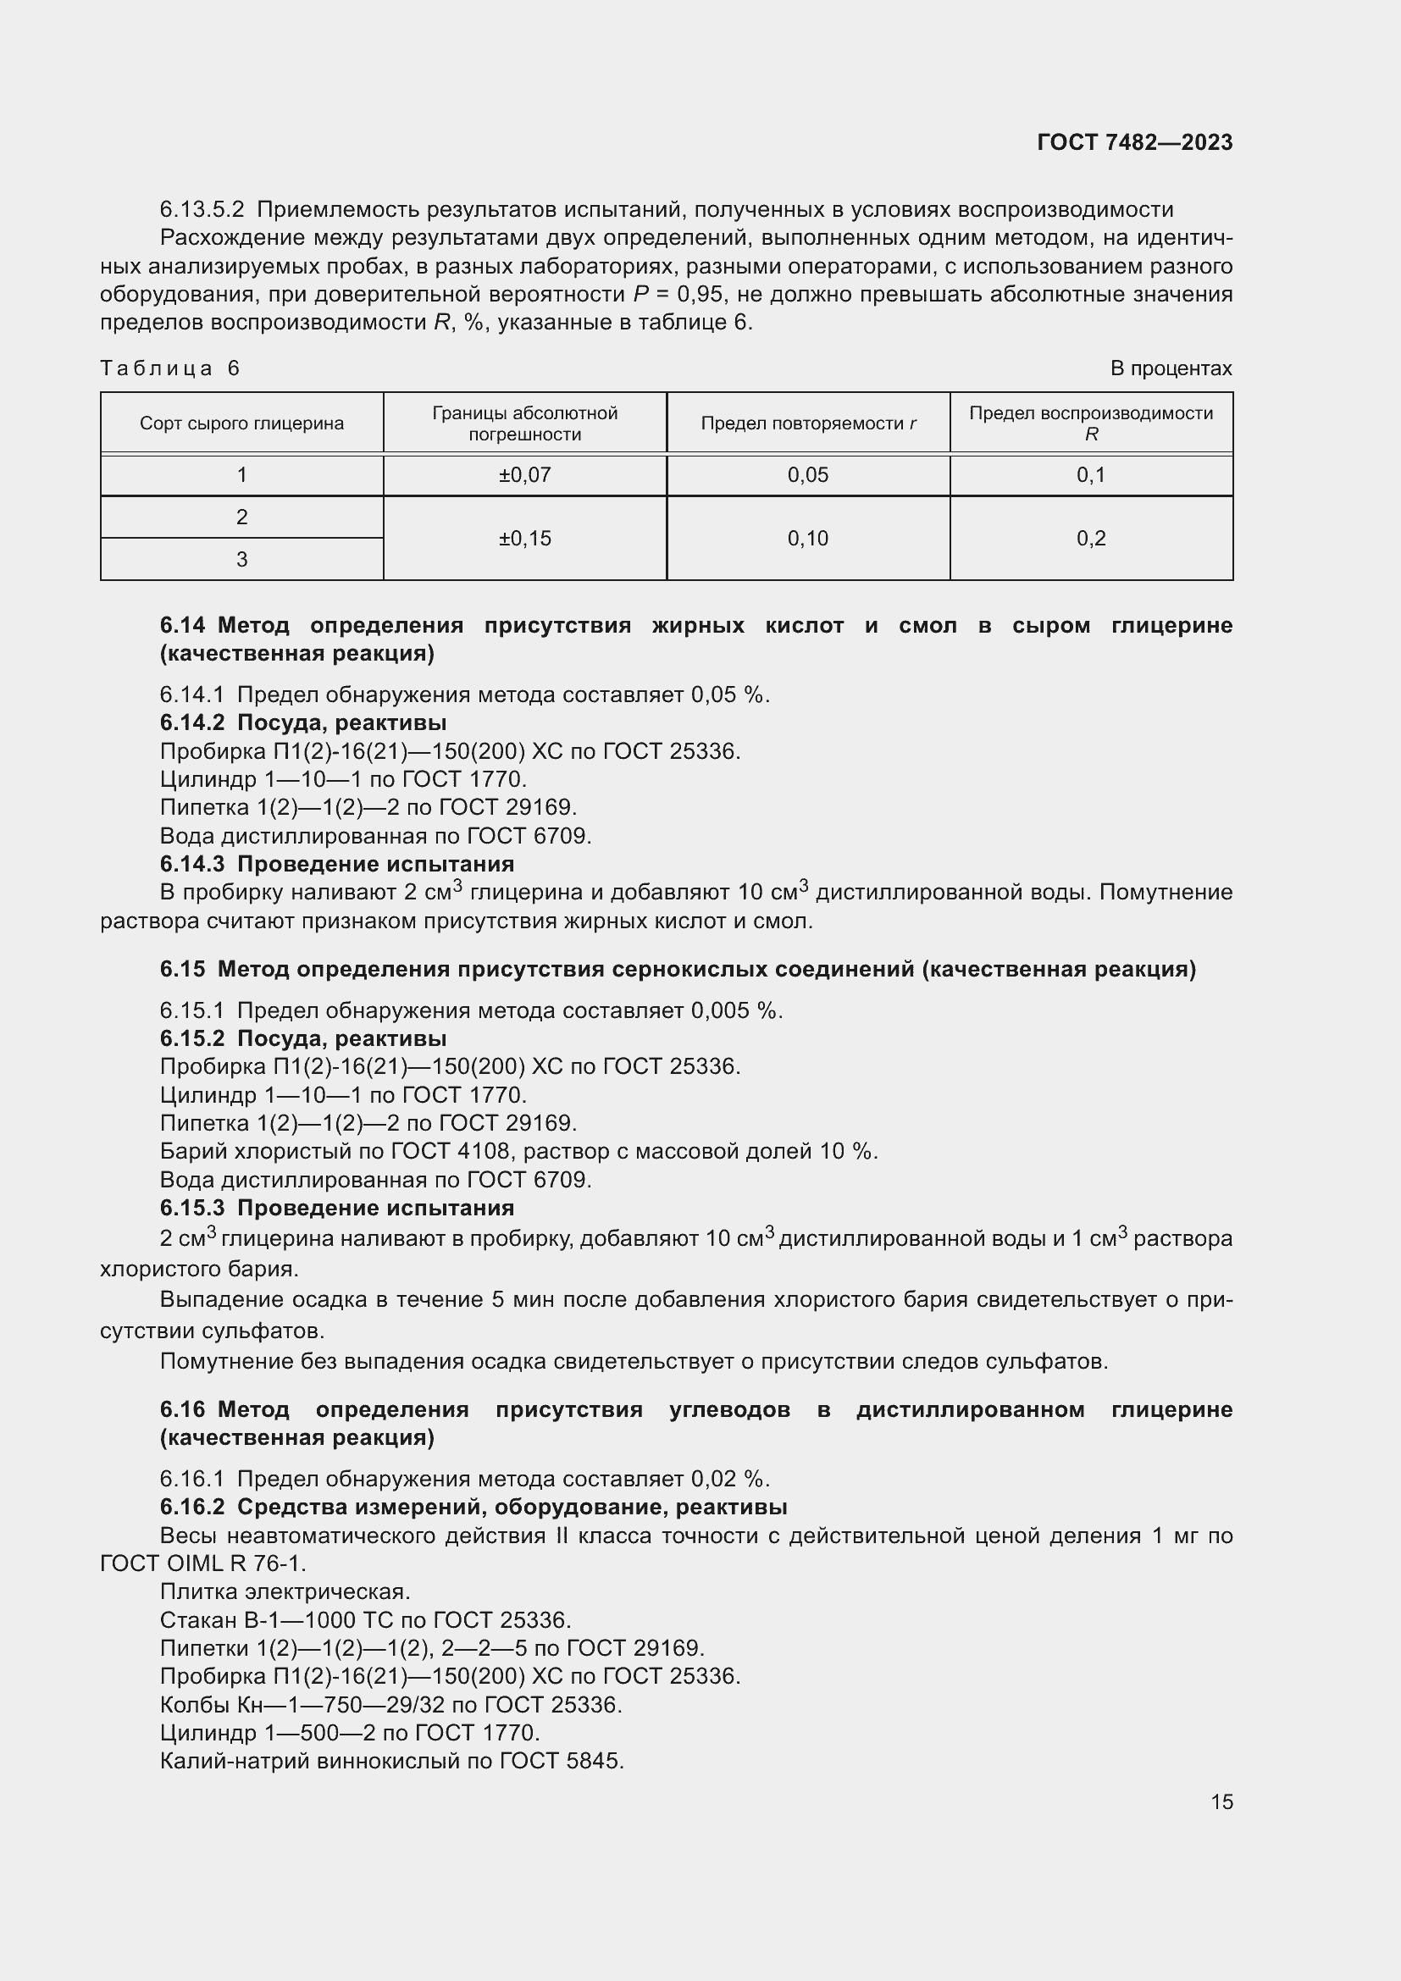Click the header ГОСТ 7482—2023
pos(1134,142)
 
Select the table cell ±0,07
pos(524,474)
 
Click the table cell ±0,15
pos(524,539)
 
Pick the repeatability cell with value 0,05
pos(807,474)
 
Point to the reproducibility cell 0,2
pos(1090,539)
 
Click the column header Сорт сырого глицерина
pos(241,423)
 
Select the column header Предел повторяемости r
pos(807,423)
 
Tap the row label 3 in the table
pos(241,559)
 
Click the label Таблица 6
pos(170,368)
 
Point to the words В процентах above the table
pos(1171,368)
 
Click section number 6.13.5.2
pos(202,210)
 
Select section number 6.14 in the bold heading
pos(182,626)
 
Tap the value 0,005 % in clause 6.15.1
pos(736,1010)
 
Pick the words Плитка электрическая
pos(285,1591)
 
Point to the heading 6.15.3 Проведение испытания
pos(336,1207)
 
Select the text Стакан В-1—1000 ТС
pos(278,1619)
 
